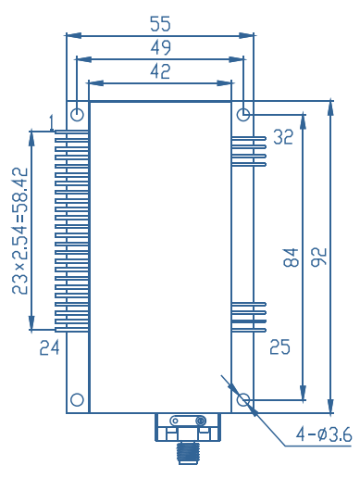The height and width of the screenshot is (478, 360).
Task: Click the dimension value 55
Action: tap(160, 24)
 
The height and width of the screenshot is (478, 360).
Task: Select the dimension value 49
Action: tap(160, 47)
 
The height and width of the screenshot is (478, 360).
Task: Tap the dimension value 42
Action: tap(160, 71)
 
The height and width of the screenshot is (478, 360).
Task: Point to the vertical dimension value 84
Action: tap(291, 258)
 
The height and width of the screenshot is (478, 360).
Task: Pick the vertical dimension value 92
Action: tap(318, 257)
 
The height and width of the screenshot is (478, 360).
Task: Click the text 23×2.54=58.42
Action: tap(20, 231)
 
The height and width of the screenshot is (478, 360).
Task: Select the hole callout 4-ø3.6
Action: tap(324, 434)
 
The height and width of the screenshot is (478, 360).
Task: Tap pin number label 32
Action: tap(283, 137)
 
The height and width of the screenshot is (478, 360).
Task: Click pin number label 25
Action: tap(279, 346)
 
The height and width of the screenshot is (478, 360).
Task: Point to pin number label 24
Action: tap(49, 347)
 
